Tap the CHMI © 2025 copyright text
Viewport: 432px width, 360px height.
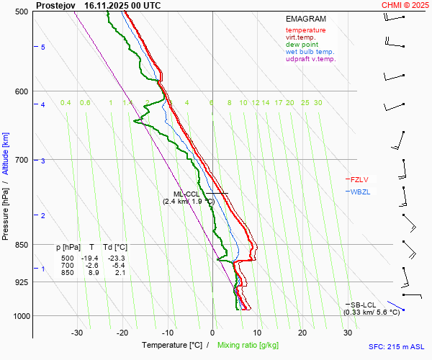tap(406, 5)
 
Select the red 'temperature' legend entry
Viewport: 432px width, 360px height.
tap(305, 30)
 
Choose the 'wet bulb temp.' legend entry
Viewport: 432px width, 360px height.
tap(310, 52)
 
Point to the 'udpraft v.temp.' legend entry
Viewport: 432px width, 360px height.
tap(310, 59)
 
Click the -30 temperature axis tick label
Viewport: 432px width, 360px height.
tap(77, 333)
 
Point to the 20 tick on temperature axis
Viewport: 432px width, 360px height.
tap(302, 333)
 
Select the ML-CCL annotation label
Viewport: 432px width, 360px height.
tap(186, 194)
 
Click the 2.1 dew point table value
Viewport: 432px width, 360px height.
tap(120, 272)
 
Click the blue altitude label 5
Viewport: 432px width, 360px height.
tap(43, 47)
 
